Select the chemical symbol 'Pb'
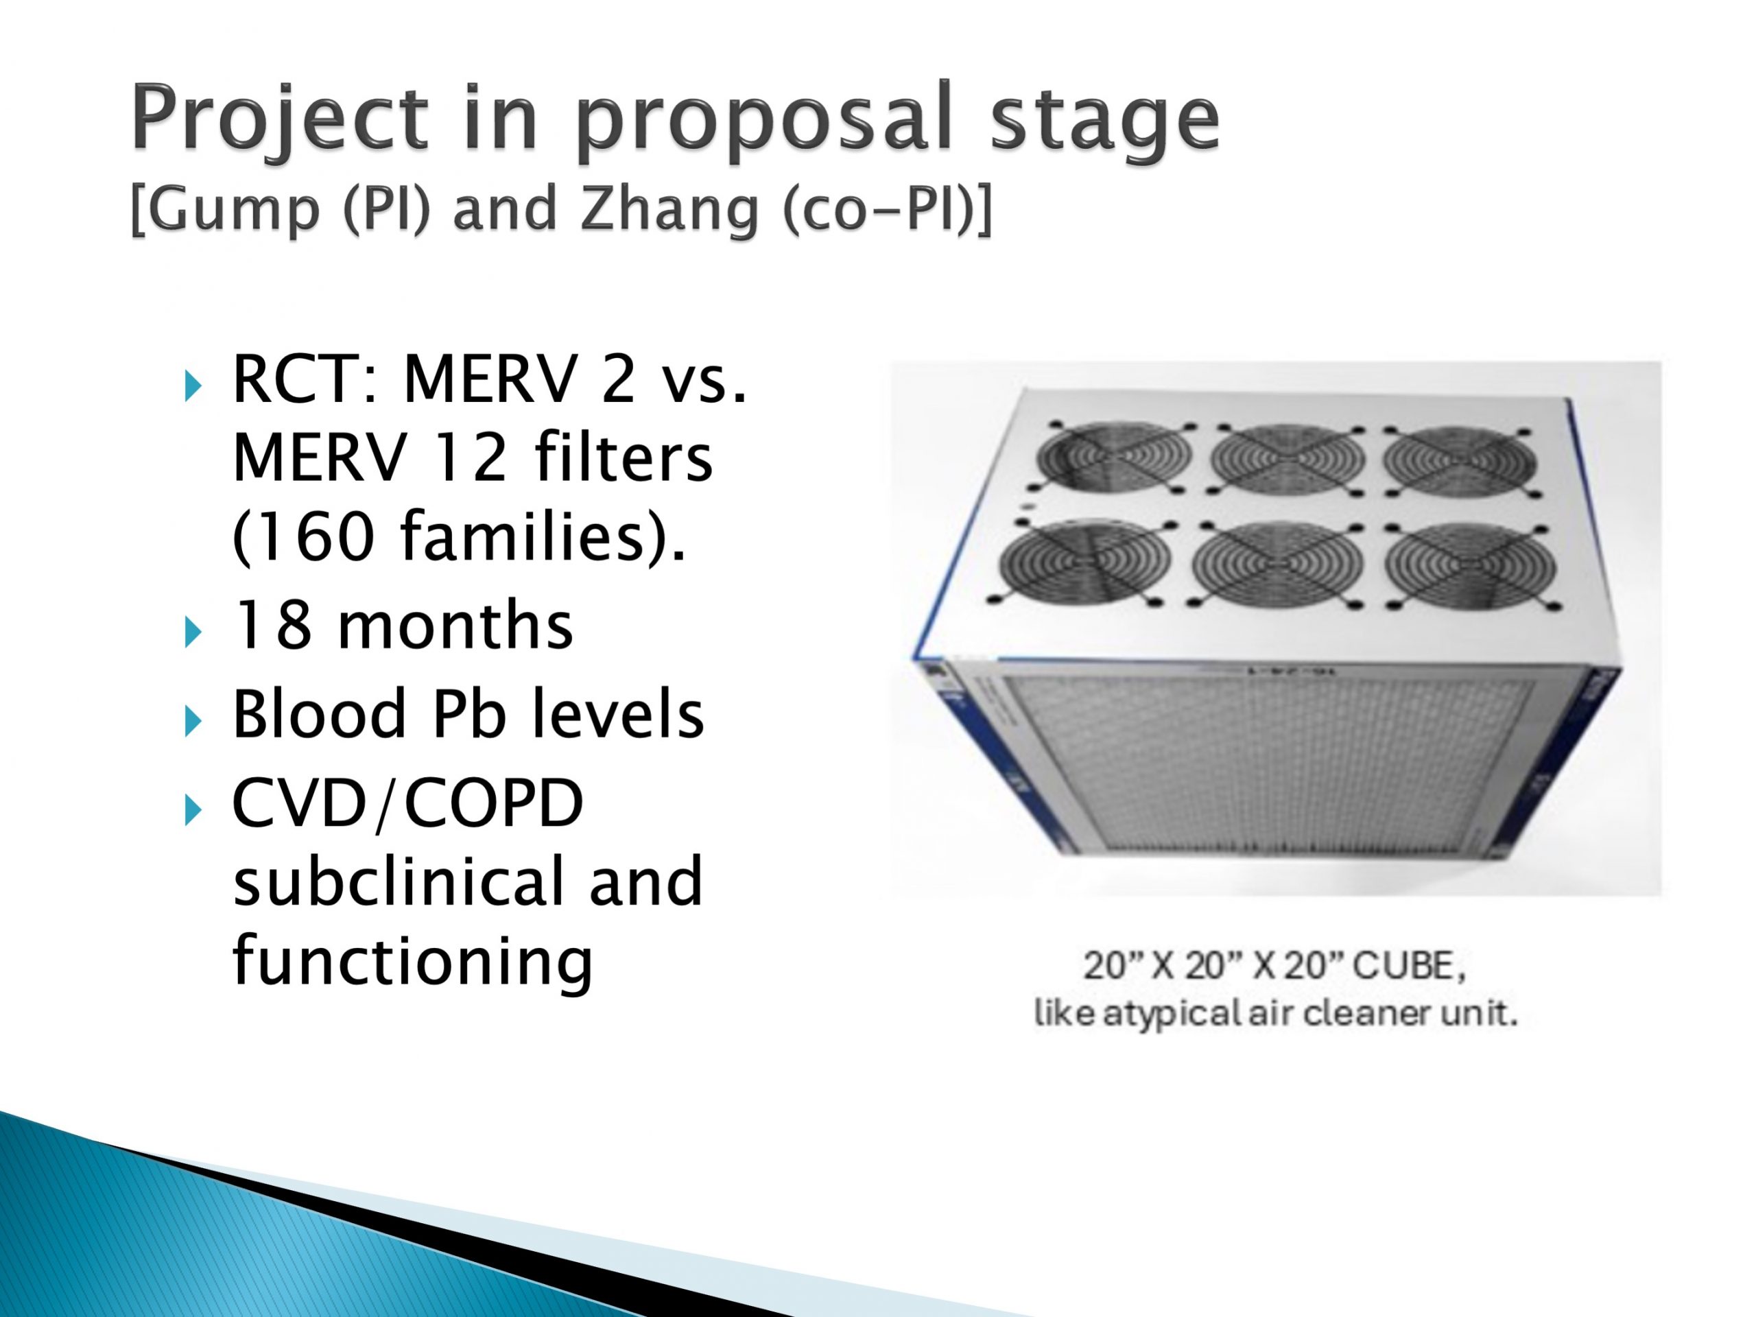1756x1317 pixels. point(468,712)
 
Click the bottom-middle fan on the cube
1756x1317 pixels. point(1277,565)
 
